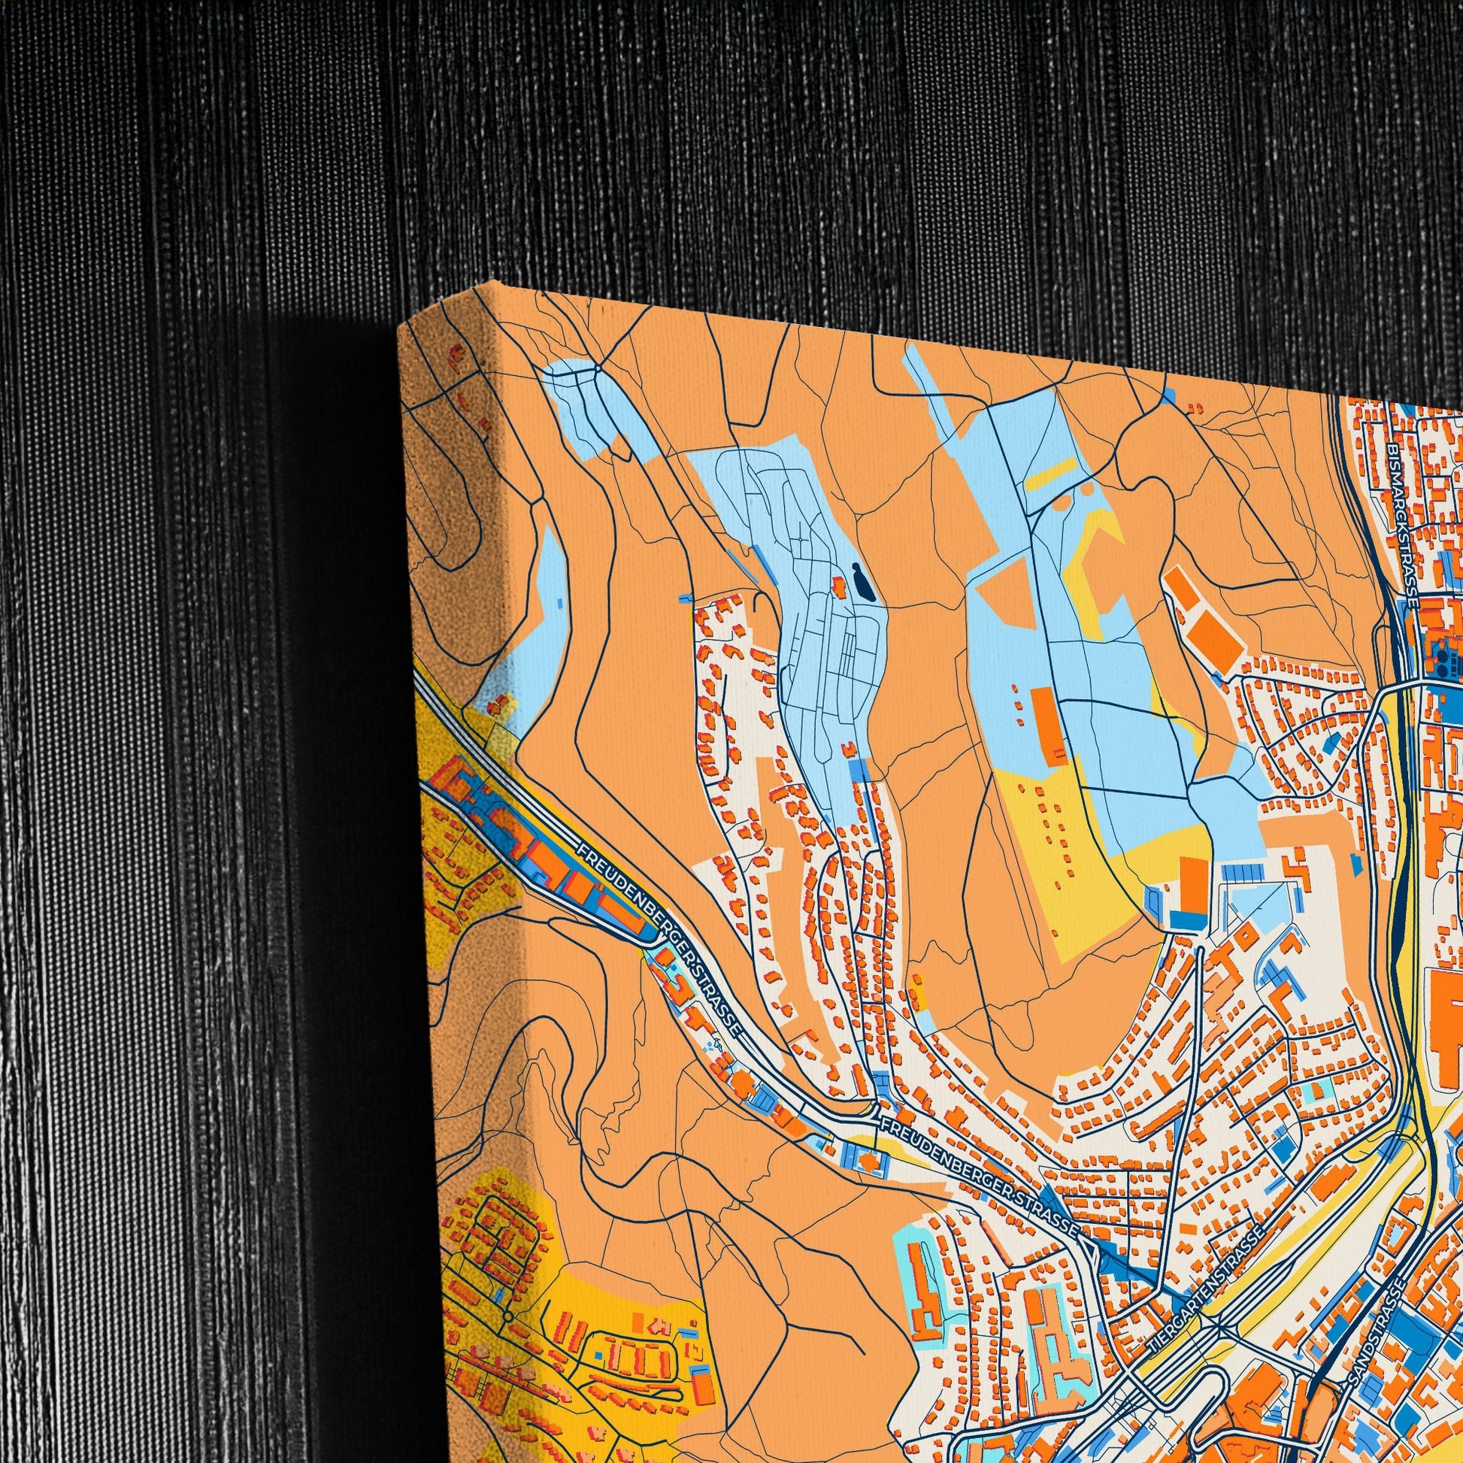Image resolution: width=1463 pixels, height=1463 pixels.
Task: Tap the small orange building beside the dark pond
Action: (840, 584)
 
